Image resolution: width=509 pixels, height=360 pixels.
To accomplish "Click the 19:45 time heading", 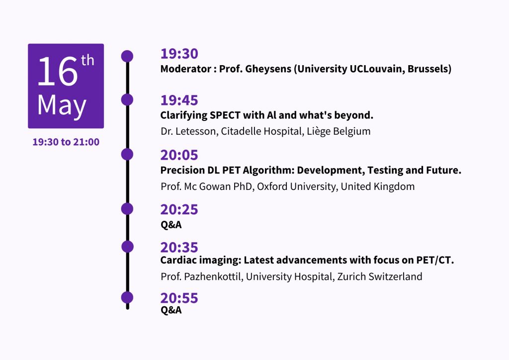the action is click(x=179, y=100).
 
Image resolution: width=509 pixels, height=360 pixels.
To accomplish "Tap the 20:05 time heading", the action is click(x=179, y=155).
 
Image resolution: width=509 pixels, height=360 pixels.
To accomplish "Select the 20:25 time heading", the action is click(x=179, y=210).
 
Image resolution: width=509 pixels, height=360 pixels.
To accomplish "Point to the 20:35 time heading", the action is click(x=179, y=248).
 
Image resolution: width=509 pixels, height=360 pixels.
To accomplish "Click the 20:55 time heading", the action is click(x=179, y=298).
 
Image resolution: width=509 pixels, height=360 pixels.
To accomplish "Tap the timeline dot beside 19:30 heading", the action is click(x=127, y=56).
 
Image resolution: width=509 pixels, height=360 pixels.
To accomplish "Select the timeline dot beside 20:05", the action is click(x=127, y=154).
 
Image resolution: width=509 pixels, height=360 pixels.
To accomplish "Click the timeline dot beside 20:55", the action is click(x=127, y=297).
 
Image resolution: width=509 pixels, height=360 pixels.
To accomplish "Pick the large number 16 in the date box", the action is click(x=58, y=72).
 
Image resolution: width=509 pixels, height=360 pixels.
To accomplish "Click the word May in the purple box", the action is click(x=62, y=106).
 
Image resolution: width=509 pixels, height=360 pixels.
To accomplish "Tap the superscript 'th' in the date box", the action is click(x=87, y=60).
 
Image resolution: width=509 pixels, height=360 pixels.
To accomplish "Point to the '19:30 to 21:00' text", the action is click(x=66, y=142).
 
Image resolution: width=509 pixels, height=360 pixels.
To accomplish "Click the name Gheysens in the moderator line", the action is click(x=268, y=69).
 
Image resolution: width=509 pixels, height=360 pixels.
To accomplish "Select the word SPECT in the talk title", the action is click(x=225, y=115).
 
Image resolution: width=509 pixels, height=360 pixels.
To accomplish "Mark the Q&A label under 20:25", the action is click(x=171, y=225).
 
